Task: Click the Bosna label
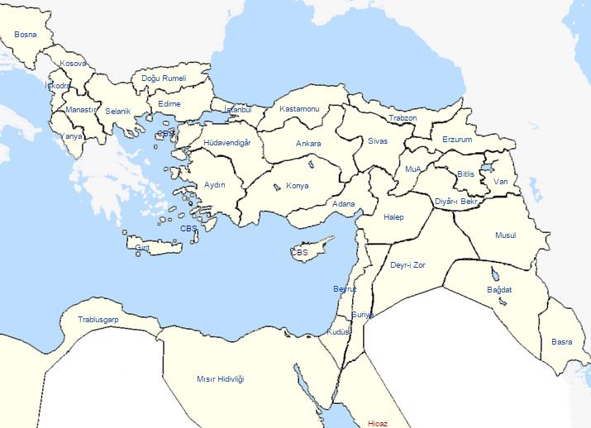pyautogui.click(x=26, y=36)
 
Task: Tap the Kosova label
pyautogui.click(x=73, y=64)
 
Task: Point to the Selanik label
pyautogui.click(x=118, y=112)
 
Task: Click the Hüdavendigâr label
pyautogui.click(x=232, y=142)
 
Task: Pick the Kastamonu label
pyautogui.click(x=299, y=109)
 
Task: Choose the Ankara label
pyautogui.click(x=308, y=144)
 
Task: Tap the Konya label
pyautogui.click(x=297, y=186)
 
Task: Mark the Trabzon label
pyautogui.click(x=403, y=118)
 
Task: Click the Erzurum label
pyautogui.click(x=457, y=140)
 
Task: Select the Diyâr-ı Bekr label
pyautogui.click(x=456, y=202)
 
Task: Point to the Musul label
pyautogui.click(x=505, y=235)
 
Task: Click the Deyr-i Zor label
pyautogui.click(x=407, y=266)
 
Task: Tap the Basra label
pyautogui.click(x=561, y=341)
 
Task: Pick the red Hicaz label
pyautogui.click(x=377, y=423)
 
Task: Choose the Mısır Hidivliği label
pyautogui.click(x=221, y=378)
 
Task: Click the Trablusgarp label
pyautogui.click(x=98, y=319)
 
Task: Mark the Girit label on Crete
pyautogui.click(x=142, y=247)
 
